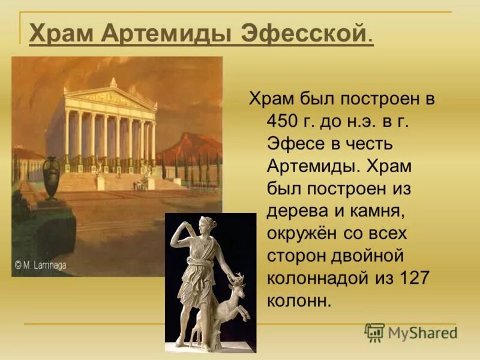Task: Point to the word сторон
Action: [296, 255]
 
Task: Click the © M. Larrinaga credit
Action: [43, 263]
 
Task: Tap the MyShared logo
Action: [410, 332]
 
